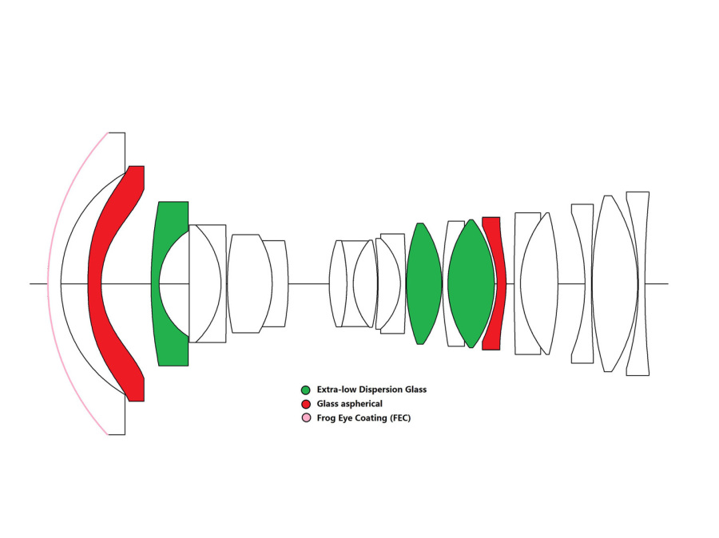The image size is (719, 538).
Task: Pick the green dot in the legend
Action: [x=305, y=390]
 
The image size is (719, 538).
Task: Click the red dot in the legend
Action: [x=305, y=404]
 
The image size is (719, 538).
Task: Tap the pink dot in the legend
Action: [x=305, y=418]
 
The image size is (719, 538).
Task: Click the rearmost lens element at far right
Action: [x=638, y=283]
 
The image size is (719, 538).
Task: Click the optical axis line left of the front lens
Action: [x=38, y=283]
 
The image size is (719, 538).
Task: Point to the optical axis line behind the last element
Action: [x=658, y=283]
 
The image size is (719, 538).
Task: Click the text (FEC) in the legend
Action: [x=399, y=418]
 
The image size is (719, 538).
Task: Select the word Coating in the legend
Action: [x=368, y=418]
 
